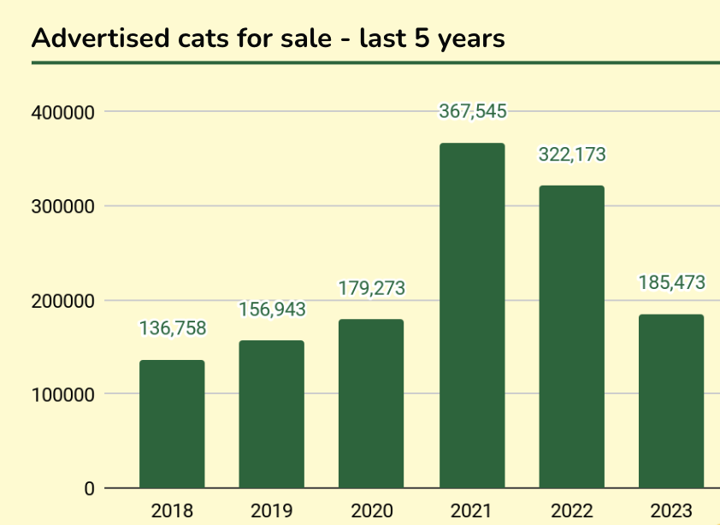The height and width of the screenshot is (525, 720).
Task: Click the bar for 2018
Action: pos(172,424)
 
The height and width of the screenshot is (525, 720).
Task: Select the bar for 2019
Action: pos(271,415)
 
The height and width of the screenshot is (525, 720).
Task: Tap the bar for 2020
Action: pos(371,404)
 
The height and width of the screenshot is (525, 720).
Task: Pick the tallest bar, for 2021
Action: pos(472,316)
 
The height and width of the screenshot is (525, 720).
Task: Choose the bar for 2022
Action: pos(571,337)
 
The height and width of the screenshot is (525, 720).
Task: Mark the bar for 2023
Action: pos(671,401)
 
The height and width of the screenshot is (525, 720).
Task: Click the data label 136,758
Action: pos(172,328)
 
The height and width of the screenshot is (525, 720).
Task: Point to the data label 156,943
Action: pos(271,309)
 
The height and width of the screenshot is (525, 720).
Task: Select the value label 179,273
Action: pos(371,288)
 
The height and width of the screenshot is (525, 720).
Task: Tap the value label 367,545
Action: pos(473,111)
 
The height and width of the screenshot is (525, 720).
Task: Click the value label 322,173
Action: pos(571,155)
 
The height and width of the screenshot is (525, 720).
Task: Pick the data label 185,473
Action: pos(670,281)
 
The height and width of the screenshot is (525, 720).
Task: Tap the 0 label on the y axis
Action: pos(89,489)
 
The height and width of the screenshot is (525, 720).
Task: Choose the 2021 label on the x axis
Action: pos(472,511)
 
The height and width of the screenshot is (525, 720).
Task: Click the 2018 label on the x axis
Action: pos(172,511)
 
